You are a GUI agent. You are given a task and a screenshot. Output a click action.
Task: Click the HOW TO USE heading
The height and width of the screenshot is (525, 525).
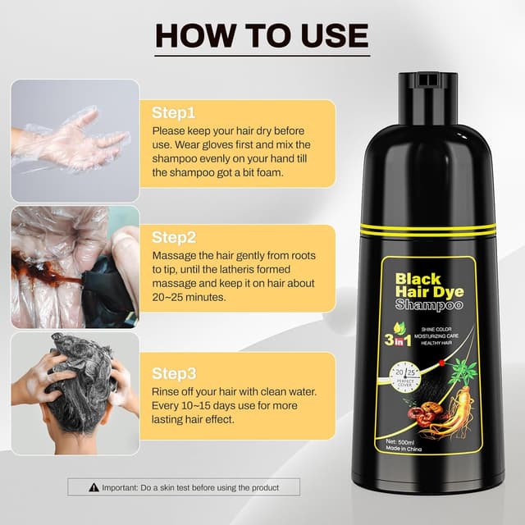[x=262, y=34]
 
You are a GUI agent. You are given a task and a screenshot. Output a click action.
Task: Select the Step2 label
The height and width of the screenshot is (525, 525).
[x=172, y=237]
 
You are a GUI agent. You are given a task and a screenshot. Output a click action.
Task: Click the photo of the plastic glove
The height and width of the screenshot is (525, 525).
[x=74, y=140]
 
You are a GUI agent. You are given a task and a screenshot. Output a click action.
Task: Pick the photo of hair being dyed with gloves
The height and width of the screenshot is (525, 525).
[x=74, y=267]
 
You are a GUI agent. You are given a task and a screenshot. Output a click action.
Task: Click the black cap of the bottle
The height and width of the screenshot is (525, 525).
[x=427, y=90]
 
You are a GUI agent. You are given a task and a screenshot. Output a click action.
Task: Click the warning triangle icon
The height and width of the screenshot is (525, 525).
[x=92, y=487]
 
